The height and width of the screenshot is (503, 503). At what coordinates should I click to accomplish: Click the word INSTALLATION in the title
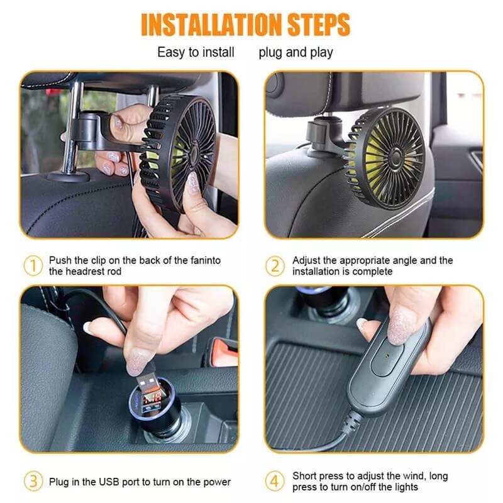211,25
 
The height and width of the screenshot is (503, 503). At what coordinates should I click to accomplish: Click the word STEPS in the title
318,25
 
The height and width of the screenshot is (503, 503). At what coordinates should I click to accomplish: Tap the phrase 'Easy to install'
196,52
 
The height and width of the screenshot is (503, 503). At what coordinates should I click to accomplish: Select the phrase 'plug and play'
296,53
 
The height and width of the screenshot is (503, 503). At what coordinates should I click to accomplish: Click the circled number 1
33,265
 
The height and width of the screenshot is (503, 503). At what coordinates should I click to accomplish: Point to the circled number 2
275,266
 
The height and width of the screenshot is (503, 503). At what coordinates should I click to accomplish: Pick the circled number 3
33,481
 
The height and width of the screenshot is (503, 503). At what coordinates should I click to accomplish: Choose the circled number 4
275,481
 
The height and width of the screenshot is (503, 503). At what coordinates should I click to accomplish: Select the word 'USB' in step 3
109,482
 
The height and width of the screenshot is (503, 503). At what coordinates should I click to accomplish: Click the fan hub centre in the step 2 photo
395,157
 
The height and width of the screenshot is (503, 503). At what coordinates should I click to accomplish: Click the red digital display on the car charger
152,400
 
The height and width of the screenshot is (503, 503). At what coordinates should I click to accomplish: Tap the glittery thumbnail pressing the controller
401,325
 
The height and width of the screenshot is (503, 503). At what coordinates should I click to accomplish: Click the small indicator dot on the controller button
388,356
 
